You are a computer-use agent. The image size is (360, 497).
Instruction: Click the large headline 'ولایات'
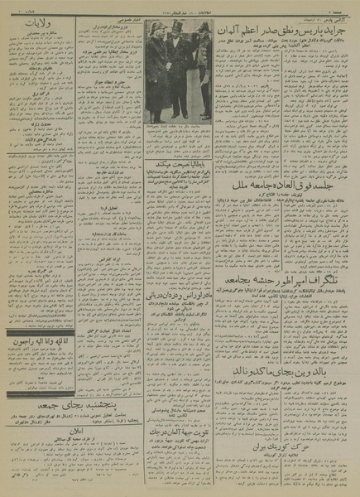pyautogui.click(x=33, y=26)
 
